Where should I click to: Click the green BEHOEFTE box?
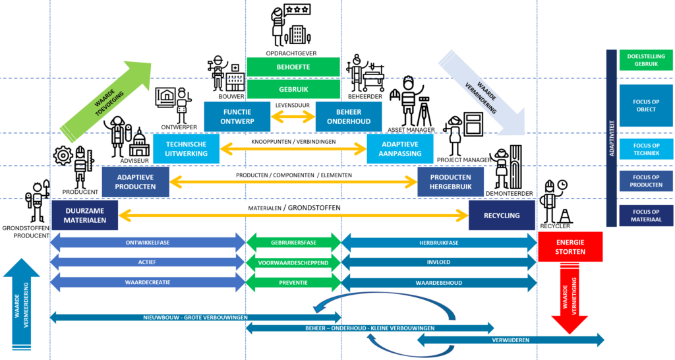293,67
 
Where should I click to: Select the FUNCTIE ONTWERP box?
237,117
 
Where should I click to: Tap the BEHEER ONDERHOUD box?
349,117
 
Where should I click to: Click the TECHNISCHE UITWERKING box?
186,149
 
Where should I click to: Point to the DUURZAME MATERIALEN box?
84,216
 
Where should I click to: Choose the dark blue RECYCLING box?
501,216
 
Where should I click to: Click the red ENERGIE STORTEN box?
570,246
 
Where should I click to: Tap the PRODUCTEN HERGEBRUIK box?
450,182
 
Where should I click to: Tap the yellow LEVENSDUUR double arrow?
293,117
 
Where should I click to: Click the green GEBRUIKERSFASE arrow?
293,243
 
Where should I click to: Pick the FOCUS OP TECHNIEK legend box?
646,149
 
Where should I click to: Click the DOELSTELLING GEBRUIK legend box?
646,60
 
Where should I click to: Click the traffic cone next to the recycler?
565,216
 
